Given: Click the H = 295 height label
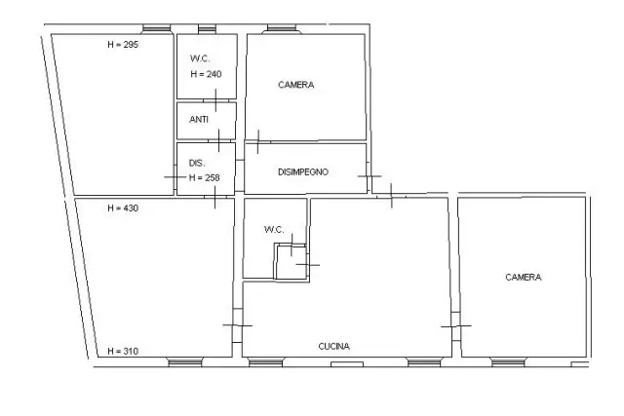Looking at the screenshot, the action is click(x=123, y=45).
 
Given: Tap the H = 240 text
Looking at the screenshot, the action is click(x=206, y=74).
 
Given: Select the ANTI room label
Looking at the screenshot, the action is click(x=199, y=119).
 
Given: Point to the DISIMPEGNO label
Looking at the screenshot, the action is click(x=303, y=172).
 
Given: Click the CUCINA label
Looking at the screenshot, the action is click(x=334, y=347).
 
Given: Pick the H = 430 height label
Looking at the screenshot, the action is click(x=123, y=208).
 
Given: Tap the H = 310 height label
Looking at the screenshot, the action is click(x=123, y=351).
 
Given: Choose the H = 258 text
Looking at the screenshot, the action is click(x=205, y=177).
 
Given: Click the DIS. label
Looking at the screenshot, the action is click(x=197, y=163).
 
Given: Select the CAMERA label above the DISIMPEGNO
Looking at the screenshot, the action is click(x=296, y=85).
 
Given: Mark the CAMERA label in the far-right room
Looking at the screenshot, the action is click(x=524, y=278).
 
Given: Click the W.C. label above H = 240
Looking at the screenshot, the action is click(x=200, y=58).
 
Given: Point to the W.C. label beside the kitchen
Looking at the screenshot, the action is click(x=274, y=230).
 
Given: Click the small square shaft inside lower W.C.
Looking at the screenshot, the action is click(x=292, y=262).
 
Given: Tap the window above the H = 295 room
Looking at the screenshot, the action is click(x=156, y=28).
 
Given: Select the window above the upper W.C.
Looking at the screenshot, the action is click(x=207, y=28).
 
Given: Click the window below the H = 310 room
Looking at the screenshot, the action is click(x=185, y=361).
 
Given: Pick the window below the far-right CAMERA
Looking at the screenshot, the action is click(x=508, y=361).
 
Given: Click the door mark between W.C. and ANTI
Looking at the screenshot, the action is click(x=215, y=100).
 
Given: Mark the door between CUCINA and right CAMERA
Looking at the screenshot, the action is click(x=455, y=326).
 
